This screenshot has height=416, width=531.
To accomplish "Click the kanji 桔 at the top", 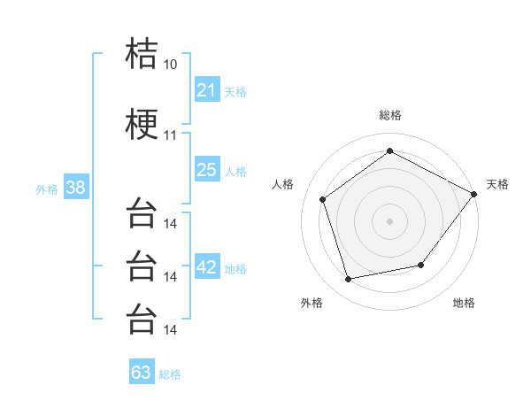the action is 142,53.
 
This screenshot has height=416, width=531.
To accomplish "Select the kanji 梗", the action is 142,124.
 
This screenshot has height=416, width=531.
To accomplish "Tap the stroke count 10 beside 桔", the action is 170,65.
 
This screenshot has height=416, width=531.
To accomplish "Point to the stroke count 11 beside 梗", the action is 170,135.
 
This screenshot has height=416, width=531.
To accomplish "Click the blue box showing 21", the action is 207,89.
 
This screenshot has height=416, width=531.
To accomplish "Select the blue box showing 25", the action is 207,169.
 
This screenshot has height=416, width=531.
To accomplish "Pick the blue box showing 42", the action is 207,266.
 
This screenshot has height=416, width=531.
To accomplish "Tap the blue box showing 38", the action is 76,187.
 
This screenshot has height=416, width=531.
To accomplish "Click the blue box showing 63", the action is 142,371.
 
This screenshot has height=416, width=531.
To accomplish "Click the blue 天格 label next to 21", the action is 235,92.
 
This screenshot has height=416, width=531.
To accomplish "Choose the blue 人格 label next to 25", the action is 235,172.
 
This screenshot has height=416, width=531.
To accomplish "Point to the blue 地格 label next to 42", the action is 235,269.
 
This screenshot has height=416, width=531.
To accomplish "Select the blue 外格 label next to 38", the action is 47,189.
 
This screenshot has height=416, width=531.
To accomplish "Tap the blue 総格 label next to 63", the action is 170,374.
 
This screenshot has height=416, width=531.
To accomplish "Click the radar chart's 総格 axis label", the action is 390,115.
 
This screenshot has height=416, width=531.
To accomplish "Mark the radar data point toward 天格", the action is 473,194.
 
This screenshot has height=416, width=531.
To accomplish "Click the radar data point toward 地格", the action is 421,265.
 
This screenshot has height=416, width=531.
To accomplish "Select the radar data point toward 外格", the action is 348,280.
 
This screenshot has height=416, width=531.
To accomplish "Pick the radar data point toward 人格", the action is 322,199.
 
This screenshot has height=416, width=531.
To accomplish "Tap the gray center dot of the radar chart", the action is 389,221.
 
